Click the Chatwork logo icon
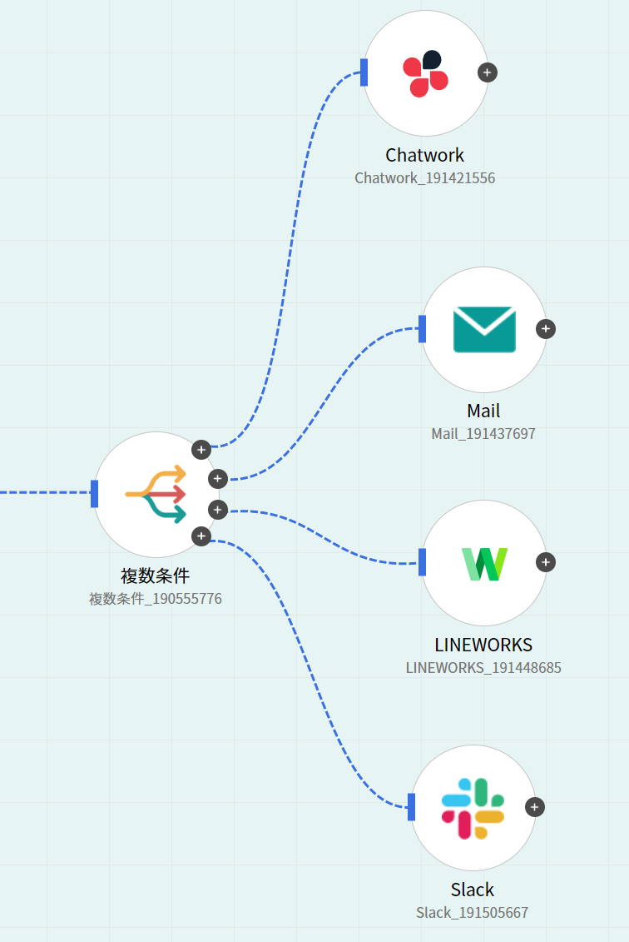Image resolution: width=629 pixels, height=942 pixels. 425,73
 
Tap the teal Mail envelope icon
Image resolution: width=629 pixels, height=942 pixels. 484,329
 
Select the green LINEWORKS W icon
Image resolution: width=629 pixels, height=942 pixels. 484,563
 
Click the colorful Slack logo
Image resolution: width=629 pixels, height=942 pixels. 473,808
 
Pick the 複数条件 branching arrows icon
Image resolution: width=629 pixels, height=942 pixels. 156,495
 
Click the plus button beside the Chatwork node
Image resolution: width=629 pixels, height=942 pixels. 488,72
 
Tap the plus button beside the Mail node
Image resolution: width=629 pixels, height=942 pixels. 545,329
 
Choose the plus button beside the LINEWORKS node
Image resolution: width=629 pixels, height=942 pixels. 545,562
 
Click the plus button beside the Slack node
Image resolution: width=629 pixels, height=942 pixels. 535,807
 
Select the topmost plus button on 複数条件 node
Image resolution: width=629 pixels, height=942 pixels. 201,450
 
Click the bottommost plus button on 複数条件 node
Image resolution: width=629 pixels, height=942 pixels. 201,536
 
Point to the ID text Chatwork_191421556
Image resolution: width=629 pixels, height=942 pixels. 424,178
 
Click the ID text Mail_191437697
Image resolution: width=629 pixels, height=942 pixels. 483,434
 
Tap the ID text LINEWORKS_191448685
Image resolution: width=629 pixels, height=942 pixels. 483,668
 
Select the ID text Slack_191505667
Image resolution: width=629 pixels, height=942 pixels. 472,913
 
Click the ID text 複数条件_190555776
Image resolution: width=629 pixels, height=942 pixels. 156,599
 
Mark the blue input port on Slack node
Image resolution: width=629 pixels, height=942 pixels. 412,807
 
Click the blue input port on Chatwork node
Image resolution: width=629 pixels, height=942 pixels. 364,72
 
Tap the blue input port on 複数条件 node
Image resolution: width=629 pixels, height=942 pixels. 95,494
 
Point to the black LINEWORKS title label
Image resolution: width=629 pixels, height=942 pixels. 483,645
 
